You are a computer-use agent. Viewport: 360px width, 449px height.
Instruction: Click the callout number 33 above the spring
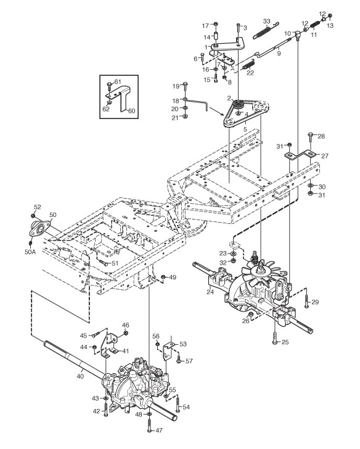pos(266,21)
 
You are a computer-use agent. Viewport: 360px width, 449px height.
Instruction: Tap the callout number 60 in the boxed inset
pos(131,110)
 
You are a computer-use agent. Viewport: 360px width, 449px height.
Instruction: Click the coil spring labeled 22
pos(248,65)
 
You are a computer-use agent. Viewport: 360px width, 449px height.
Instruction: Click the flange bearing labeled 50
pos(39,228)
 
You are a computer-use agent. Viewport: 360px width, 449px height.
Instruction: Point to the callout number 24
pos(210,292)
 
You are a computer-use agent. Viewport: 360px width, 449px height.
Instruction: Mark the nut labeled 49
pos(163,277)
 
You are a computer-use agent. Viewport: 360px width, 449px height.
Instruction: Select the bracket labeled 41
pos(110,345)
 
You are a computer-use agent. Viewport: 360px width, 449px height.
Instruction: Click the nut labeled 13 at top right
pos(329,15)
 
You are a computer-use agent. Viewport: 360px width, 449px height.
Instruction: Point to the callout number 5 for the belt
pos(245,130)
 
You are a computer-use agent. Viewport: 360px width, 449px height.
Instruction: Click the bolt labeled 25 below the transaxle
pos(275,338)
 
